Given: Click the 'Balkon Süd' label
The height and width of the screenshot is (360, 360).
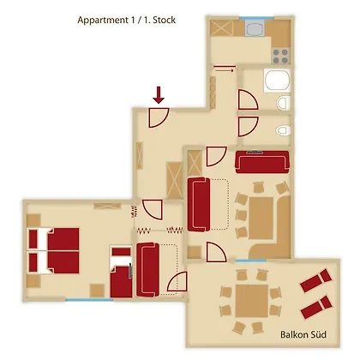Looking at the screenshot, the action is [303, 334].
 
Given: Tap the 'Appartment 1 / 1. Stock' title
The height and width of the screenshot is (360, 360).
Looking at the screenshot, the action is [127, 21].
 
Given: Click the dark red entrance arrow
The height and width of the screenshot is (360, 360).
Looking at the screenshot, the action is [159, 95].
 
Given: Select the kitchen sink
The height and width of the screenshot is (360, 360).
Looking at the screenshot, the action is [255, 29].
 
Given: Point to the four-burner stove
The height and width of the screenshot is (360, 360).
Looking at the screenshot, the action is [280, 57].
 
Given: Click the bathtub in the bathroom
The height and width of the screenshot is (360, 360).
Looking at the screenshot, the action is [277, 81].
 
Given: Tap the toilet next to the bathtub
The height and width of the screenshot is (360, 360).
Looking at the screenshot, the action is [284, 103].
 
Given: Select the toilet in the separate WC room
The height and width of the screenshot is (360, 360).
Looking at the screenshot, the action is [283, 130].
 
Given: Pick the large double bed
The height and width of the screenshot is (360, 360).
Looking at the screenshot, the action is [53, 250].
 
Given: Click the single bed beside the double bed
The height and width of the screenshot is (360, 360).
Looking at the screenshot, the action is [122, 272].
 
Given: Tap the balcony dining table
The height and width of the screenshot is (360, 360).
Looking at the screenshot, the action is [252, 301].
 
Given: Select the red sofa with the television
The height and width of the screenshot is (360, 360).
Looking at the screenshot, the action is [262, 162].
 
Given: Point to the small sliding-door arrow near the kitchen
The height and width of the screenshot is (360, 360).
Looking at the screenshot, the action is [225, 69].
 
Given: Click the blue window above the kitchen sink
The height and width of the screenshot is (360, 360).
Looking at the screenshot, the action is [256, 18].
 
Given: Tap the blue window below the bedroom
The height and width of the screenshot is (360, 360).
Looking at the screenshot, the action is [89, 300].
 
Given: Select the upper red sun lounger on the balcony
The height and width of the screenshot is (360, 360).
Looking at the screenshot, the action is [315, 280].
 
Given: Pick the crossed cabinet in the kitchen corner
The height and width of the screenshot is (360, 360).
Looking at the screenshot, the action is [222, 28].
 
